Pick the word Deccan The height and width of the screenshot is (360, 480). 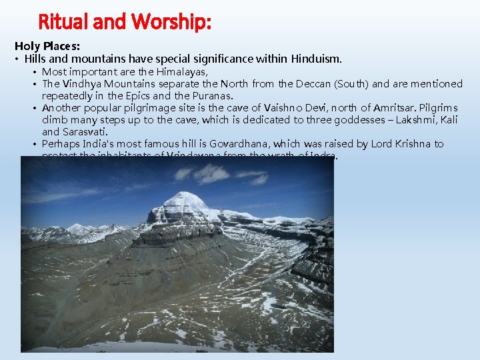point(313,83)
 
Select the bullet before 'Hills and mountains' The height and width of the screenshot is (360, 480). point(17,60)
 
